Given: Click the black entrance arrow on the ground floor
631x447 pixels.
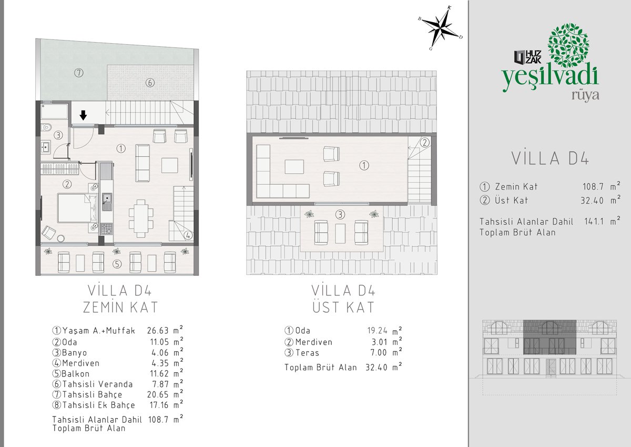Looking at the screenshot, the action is pos(83,115).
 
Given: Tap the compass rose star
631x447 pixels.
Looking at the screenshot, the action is pos(440,28).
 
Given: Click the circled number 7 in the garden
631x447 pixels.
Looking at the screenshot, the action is pos(78,73).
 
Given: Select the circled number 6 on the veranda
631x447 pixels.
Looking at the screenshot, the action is pos(150,83).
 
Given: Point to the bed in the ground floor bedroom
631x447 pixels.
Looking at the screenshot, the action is pos(78,208).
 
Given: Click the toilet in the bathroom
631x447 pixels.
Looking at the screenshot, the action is pos(46,128).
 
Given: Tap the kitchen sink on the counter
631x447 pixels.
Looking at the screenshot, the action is pos(107,202).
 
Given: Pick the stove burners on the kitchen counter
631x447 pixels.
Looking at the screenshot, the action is pos(107,229).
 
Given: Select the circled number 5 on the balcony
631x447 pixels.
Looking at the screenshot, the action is pos(117,264).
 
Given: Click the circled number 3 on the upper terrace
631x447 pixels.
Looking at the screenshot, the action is pos(340,215).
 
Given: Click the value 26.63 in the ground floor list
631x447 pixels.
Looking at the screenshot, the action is pos(158,331).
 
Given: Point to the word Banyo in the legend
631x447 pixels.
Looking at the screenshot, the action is pos(74,353).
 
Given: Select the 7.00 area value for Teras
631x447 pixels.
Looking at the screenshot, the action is pos(379,353).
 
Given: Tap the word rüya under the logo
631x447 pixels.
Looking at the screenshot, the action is pos(585,95).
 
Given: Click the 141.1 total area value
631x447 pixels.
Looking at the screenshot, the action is pos(594,221).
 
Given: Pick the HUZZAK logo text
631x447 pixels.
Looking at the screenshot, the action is pos(527,57).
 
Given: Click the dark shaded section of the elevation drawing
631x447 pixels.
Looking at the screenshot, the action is pos(550,337).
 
